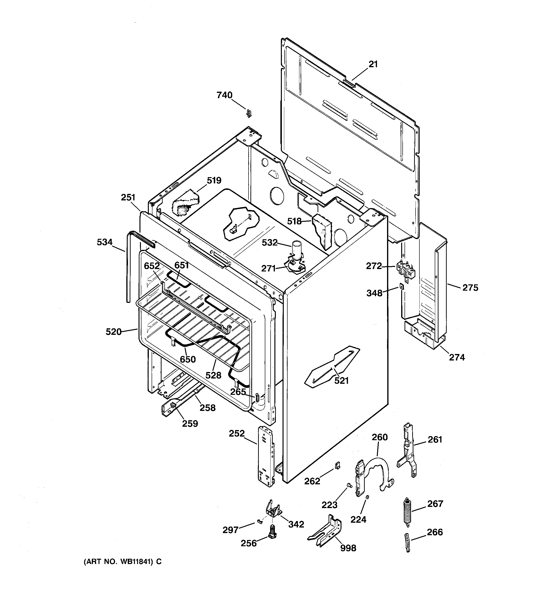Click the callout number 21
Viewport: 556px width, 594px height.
pos(373,64)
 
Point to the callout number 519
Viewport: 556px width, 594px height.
pos(214,180)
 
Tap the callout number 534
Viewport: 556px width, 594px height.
pos(104,242)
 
